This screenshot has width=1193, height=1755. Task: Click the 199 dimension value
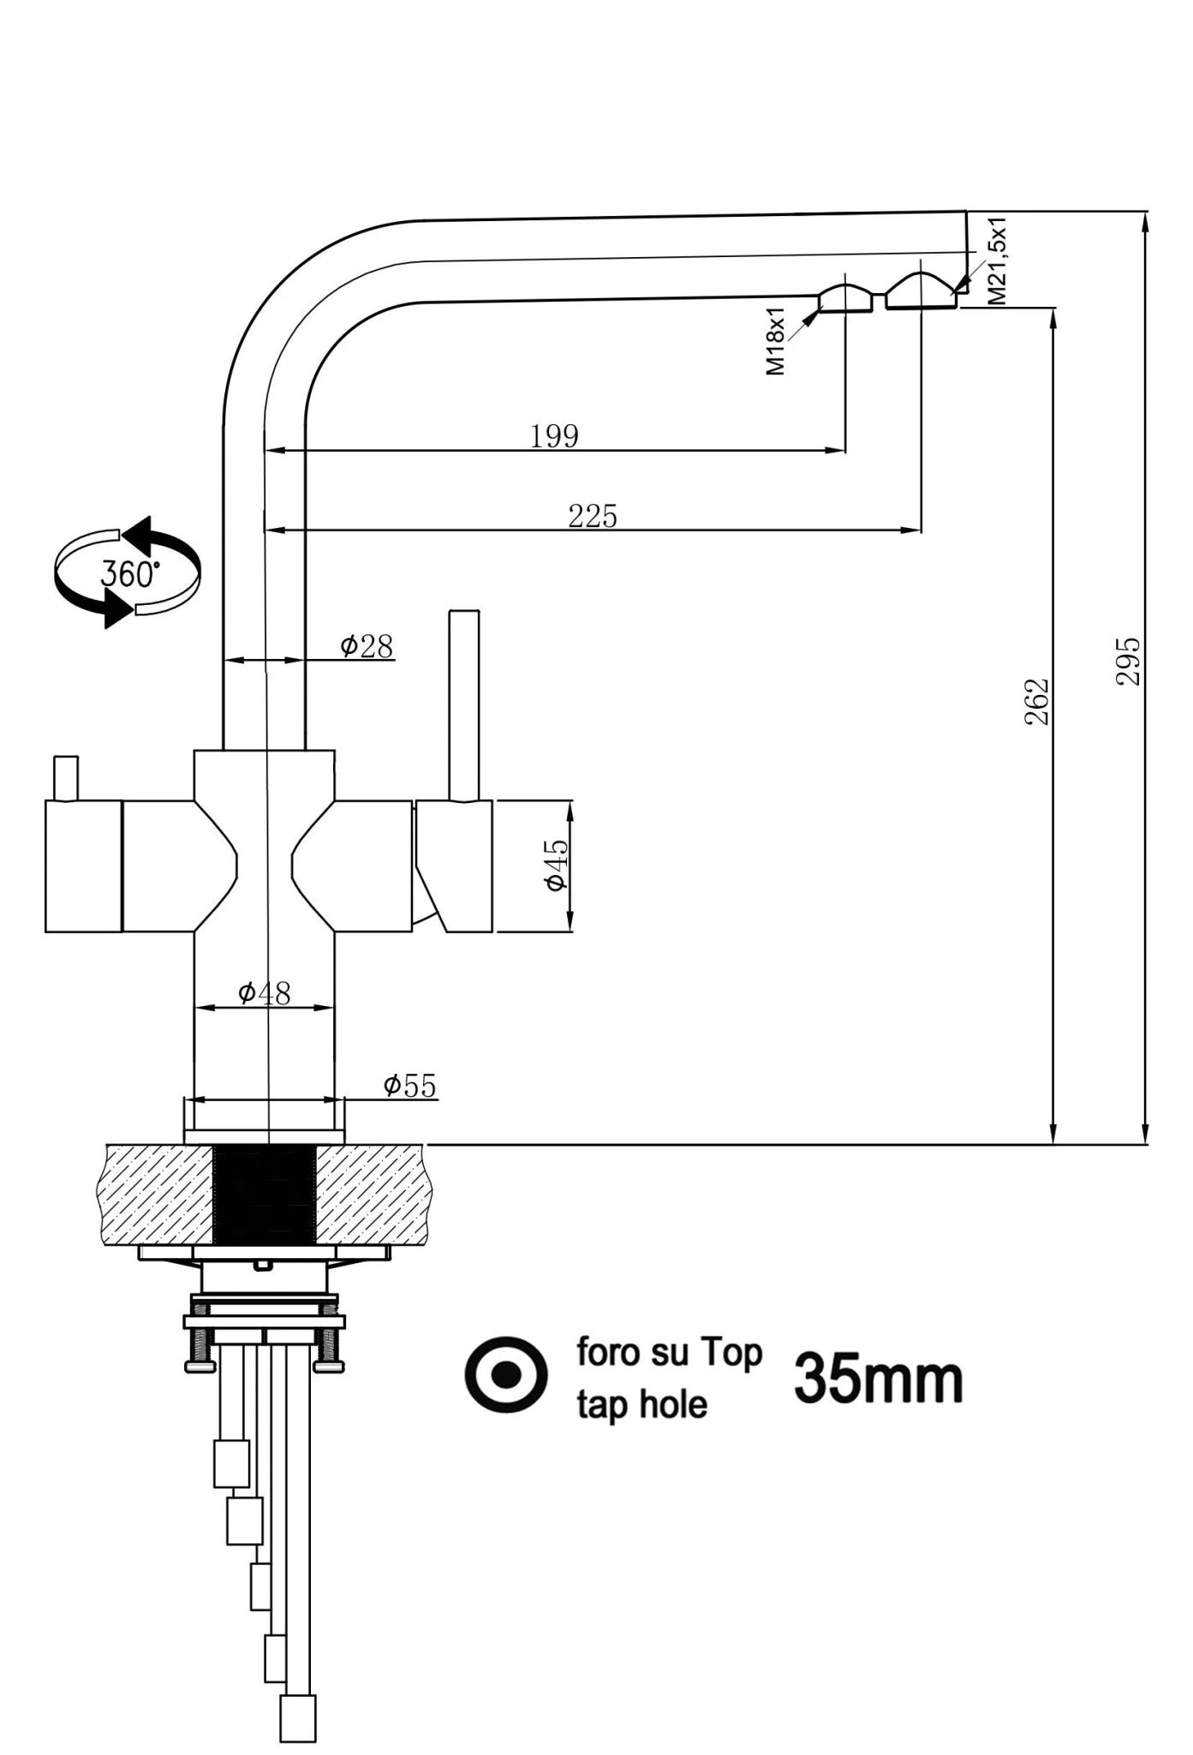coord(554,436)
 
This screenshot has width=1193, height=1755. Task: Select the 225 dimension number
coord(592,516)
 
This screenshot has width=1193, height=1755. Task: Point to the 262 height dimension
coord(1037,702)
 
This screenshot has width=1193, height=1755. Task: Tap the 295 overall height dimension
coord(1128,661)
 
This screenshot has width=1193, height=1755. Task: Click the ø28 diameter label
coord(367,646)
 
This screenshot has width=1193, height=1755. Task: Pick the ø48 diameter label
coord(265,993)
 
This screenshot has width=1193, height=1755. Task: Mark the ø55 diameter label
coord(409,1086)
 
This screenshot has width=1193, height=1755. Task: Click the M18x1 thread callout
coord(775,341)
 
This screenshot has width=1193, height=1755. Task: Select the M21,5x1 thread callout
coord(997,261)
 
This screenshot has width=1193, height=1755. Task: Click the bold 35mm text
coord(878,1379)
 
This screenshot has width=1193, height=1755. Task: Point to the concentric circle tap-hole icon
coord(506,1375)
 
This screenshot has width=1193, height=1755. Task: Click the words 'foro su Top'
coord(669,1352)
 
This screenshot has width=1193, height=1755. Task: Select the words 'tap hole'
coord(641,1405)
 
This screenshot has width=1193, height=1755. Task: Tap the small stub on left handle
coord(66,777)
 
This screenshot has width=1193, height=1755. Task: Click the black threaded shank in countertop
coord(264,1195)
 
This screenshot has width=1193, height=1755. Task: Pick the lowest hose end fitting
coord(298,1717)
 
